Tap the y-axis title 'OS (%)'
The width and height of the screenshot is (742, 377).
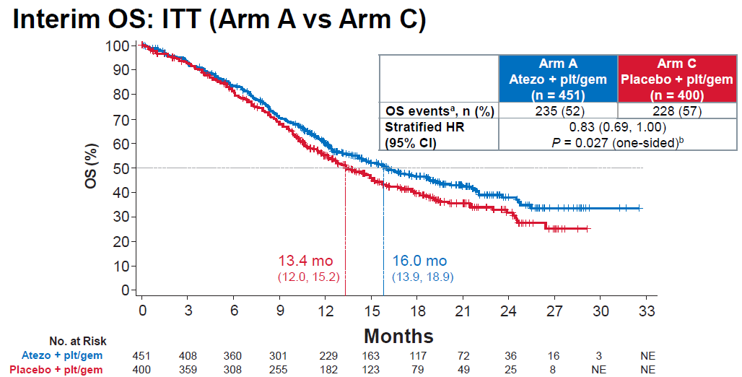(92, 166)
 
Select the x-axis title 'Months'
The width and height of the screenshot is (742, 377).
(398, 336)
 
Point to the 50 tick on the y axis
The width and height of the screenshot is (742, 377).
(134, 168)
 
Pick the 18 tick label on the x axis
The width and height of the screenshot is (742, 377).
(417, 311)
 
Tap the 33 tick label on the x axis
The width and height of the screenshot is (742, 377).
(647, 311)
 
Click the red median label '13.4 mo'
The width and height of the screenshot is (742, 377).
(306, 261)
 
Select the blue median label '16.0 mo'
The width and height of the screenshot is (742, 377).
(419, 261)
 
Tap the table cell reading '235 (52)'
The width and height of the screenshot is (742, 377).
(558, 111)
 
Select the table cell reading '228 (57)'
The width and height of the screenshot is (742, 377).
(677, 111)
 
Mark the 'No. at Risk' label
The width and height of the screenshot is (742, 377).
(78, 341)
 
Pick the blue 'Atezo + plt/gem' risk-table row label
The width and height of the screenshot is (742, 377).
(62, 355)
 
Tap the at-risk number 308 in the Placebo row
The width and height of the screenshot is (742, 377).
(232, 370)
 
